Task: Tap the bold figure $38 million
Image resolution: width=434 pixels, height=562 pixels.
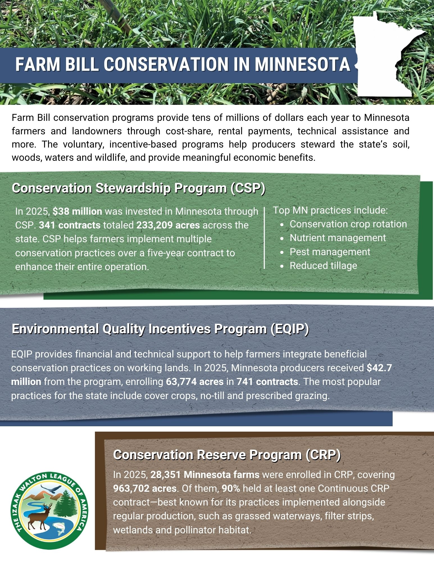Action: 77,211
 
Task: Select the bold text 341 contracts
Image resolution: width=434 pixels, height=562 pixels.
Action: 70,225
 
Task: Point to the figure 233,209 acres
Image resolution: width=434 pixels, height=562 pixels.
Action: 168,225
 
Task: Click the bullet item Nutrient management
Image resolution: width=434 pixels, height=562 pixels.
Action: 338,238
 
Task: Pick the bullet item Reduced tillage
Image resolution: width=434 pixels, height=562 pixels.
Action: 323,266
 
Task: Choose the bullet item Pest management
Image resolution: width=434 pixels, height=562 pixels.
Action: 330,252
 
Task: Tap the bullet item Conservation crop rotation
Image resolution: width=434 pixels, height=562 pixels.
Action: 348,224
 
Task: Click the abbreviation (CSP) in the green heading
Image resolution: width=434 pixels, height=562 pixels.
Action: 247,188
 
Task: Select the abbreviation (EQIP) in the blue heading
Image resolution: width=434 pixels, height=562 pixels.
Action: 290,329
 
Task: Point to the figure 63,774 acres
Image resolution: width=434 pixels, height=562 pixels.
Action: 195,382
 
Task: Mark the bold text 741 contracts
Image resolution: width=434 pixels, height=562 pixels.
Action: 267,382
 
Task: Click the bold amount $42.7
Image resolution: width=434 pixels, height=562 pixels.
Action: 379,368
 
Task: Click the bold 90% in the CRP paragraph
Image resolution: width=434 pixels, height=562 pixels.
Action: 231,488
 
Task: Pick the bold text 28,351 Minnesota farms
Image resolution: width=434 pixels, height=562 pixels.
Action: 205,475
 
